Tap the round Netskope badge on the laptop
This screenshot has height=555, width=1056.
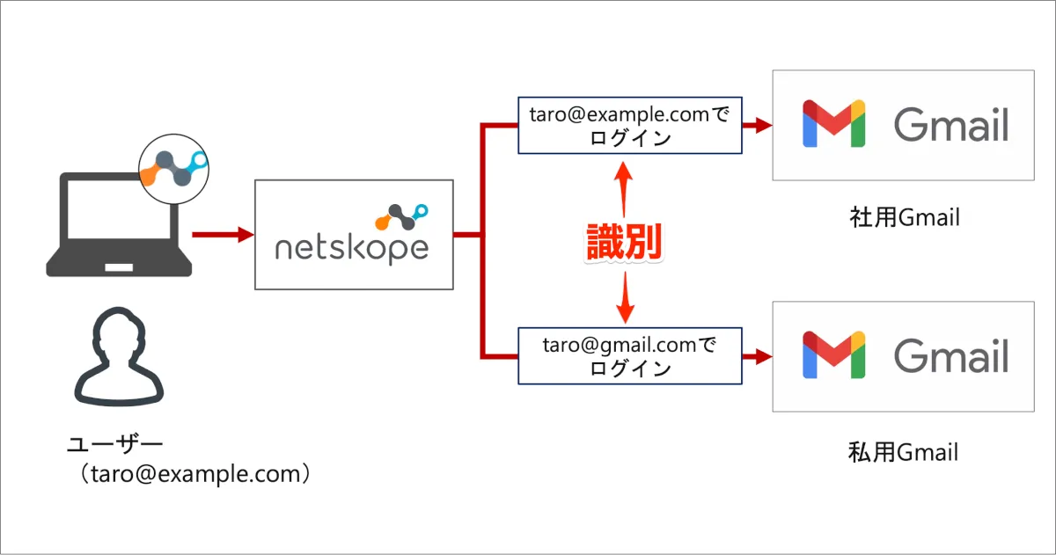pyautogui.click(x=173, y=167)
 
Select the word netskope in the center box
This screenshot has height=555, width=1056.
pyautogui.click(x=351, y=248)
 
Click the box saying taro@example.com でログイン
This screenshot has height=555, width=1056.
pyautogui.click(x=630, y=126)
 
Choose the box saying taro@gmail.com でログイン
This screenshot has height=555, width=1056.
pyautogui.click(x=630, y=356)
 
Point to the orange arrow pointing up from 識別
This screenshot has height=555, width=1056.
pyautogui.click(x=624, y=186)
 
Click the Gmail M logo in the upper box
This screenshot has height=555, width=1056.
pyautogui.click(x=833, y=124)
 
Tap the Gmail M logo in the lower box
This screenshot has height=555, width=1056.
pyautogui.click(x=833, y=355)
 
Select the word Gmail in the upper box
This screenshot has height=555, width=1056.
pyautogui.click(x=951, y=125)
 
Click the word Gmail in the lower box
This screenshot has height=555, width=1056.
pyautogui.click(x=951, y=356)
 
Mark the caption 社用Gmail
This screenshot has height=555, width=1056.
pyautogui.click(x=904, y=216)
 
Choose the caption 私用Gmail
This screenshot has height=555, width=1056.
pyautogui.click(x=903, y=453)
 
